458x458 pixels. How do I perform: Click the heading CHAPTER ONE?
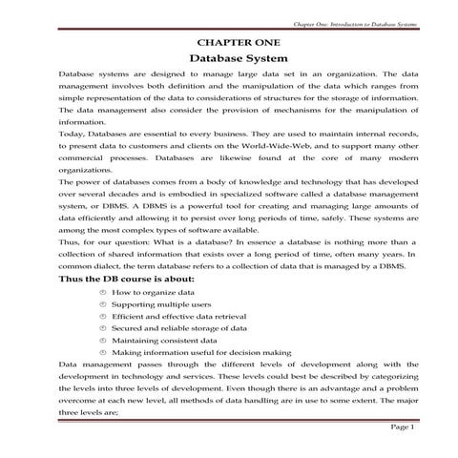228,43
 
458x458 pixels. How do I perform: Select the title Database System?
228,58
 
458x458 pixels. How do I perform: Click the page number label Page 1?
402,427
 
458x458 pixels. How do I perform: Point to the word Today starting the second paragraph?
72,135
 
